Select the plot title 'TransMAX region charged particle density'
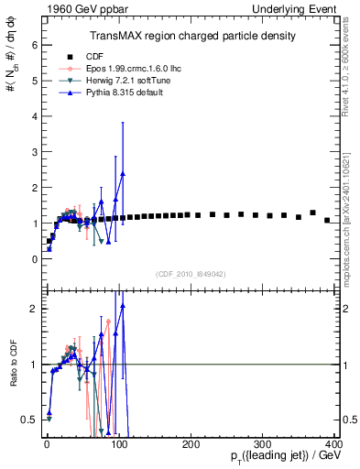pyautogui.click(x=192, y=36)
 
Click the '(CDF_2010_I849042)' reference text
pyautogui.click(x=191, y=274)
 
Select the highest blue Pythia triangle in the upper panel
pyautogui.click(x=123, y=172)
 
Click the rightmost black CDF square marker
pyautogui.click(x=327, y=220)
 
